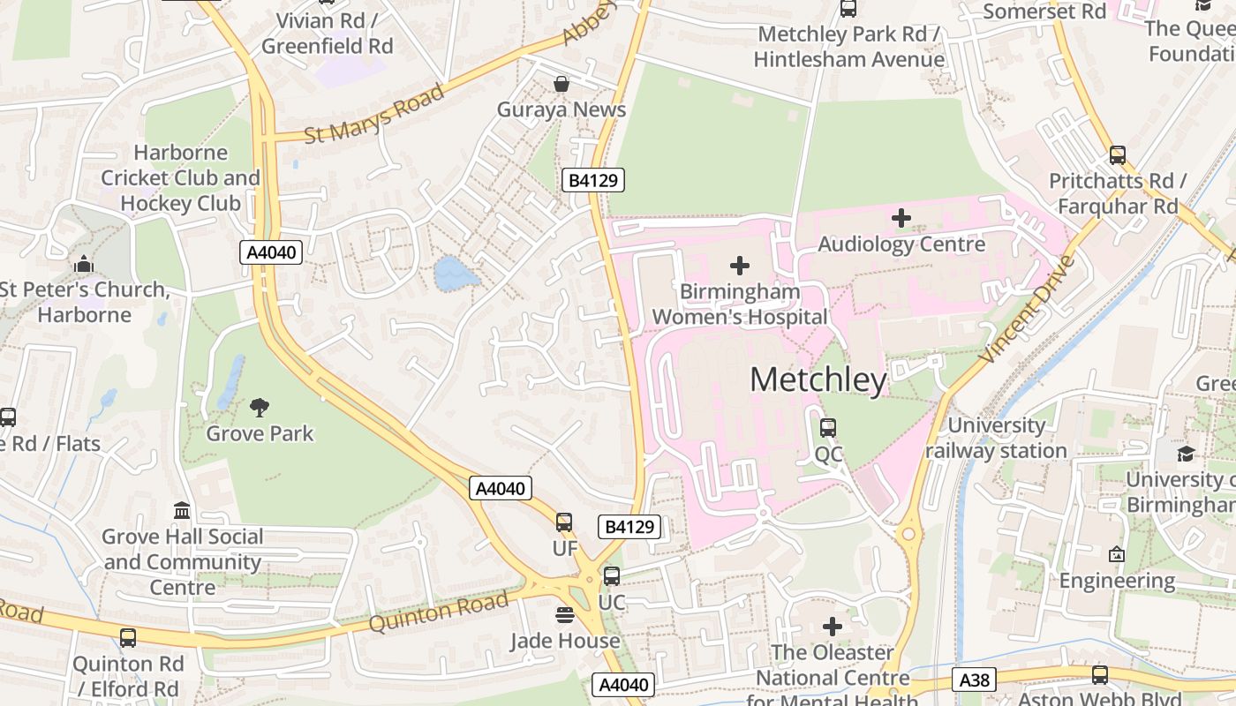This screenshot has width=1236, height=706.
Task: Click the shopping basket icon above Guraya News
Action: pyautogui.click(x=561, y=84)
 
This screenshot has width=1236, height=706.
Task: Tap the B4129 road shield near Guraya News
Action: pyautogui.click(x=593, y=181)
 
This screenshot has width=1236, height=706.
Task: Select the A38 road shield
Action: pyautogui.click(x=976, y=680)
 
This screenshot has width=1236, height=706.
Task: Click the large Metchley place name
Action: pyautogui.click(x=818, y=379)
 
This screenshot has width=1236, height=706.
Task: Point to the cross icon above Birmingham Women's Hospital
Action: pyautogui.click(x=740, y=265)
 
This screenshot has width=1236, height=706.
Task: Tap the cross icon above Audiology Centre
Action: pyautogui.click(x=901, y=217)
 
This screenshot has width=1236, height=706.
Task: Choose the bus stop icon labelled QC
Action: pyautogui.click(x=828, y=428)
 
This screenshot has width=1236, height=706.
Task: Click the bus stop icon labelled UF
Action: pyautogui.click(x=564, y=522)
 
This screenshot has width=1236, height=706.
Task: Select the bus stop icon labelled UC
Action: pyautogui.click(x=611, y=577)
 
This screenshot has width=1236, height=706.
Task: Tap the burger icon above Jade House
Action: pyautogui.click(x=565, y=614)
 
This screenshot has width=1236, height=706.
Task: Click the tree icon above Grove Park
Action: pyautogui.click(x=260, y=407)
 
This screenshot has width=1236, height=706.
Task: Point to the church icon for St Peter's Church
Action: pyautogui.click(x=84, y=264)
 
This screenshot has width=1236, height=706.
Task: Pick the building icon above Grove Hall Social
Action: pyautogui.click(x=182, y=510)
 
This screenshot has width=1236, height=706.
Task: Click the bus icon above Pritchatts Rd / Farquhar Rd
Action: pyautogui.click(x=1118, y=155)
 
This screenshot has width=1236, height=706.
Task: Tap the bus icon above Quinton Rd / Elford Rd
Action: pyautogui.click(x=128, y=637)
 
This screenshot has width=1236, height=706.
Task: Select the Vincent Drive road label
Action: pyautogui.click(x=1029, y=309)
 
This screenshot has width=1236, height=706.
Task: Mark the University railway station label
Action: pyautogui.click(x=996, y=438)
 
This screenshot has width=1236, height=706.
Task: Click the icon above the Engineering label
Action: pyautogui.click(x=1117, y=554)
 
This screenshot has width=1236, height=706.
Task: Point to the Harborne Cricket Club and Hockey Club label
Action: pyautogui.click(x=181, y=177)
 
